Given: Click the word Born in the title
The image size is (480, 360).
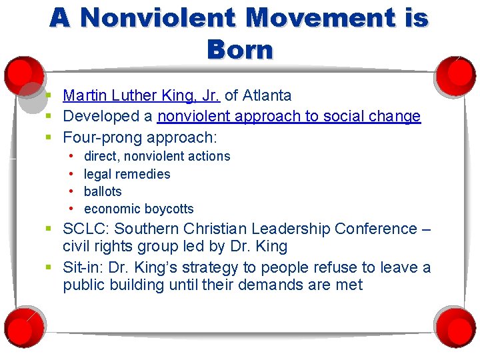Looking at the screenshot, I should click(x=240, y=49).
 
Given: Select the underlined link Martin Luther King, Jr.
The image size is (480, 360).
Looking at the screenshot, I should click(x=141, y=96).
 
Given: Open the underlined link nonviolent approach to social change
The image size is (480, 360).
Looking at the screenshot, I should click(x=289, y=117).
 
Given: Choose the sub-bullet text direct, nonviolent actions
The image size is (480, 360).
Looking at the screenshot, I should click(x=157, y=157).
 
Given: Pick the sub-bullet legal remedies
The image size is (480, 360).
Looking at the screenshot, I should click(x=127, y=174).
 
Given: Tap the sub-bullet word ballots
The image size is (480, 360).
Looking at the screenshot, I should click(x=103, y=191).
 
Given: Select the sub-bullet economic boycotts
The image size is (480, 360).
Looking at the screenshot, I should click(x=139, y=209).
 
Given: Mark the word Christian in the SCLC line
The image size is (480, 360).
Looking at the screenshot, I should click(x=204, y=229).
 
